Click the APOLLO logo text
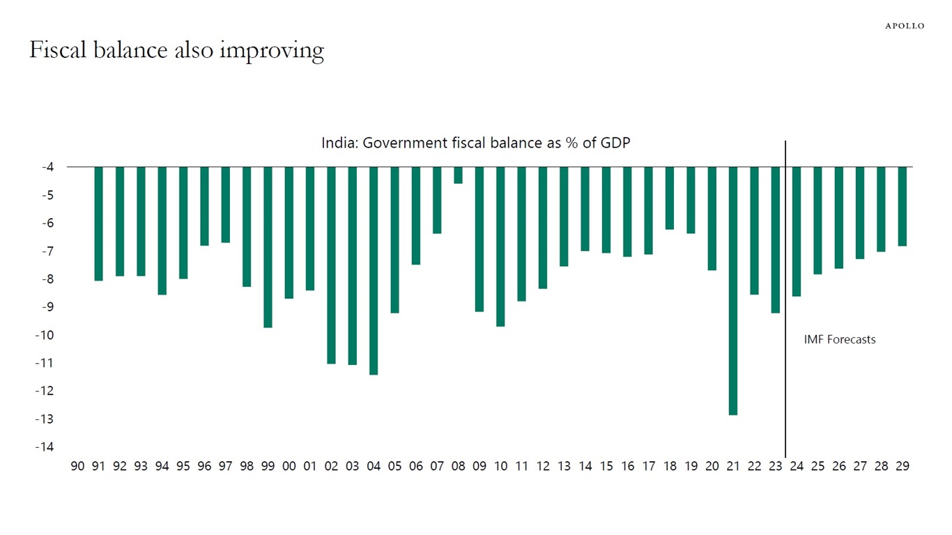point(905,26)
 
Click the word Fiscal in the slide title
point(62,49)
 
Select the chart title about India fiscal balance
point(476,143)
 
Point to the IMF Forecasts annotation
point(839,340)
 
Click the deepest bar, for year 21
point(732,290)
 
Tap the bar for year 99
point(268,247)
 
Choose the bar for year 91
point(98,224)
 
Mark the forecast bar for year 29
point(902,206)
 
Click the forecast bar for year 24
point(796,231)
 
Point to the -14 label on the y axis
point(45,447)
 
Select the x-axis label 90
point(77,466)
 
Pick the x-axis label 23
point(775,466)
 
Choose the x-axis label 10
point(500,466)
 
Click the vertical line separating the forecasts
point(785,300)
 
